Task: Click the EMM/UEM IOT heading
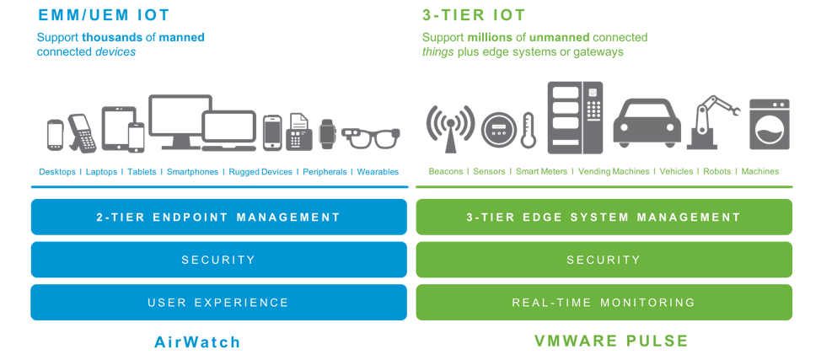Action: point(104,14)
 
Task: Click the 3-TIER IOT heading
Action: point(474,14)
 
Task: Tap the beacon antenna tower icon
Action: point(448,126)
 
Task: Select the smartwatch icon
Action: point(327,132)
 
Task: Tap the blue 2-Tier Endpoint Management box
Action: point(218,217)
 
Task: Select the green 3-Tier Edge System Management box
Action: point(604,217)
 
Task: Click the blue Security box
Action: point(218,260)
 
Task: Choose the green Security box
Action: point(604,260)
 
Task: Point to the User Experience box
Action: point(218,303)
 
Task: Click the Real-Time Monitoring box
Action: point(604,303)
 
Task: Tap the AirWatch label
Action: point(198,341)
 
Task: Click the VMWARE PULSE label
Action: point(611,341)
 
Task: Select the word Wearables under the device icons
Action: point(378,172)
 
